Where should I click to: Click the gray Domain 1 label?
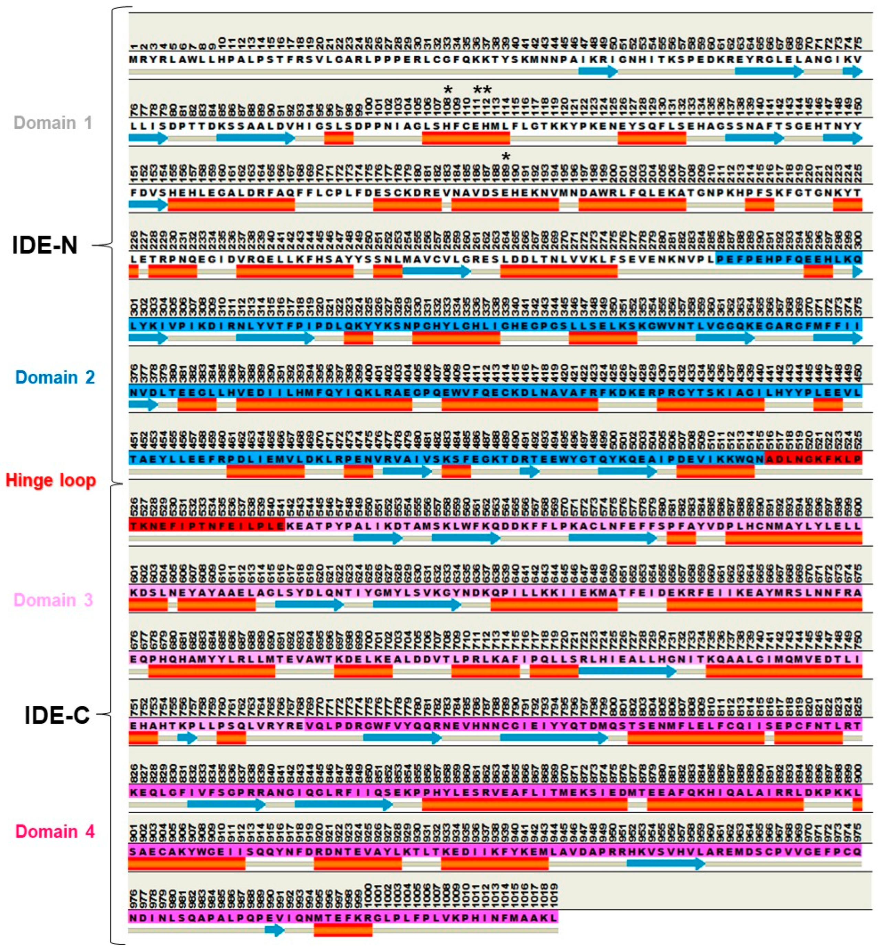click(x=53, y=123)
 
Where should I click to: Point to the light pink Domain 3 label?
click(x=53, y=600)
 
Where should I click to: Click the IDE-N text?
click(x=45, y=245)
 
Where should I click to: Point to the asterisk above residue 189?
click(x=506, y=156)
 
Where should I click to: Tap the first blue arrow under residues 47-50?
click(x=598, y=72)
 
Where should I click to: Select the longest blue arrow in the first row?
click(x=769, y=72)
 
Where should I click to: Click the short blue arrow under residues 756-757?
click(x=187, y=738)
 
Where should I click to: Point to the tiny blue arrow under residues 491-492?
click(x=529, y=471)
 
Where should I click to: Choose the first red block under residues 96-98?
click(x=339, y=138)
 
